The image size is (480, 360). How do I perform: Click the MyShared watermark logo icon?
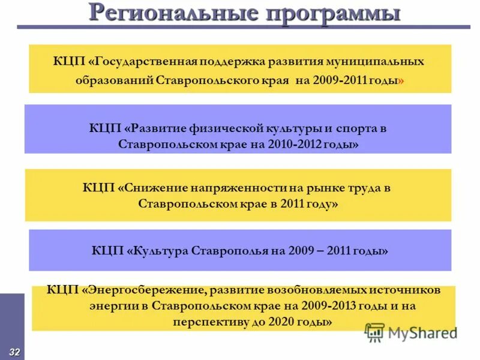375,332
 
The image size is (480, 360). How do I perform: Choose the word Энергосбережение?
146,290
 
